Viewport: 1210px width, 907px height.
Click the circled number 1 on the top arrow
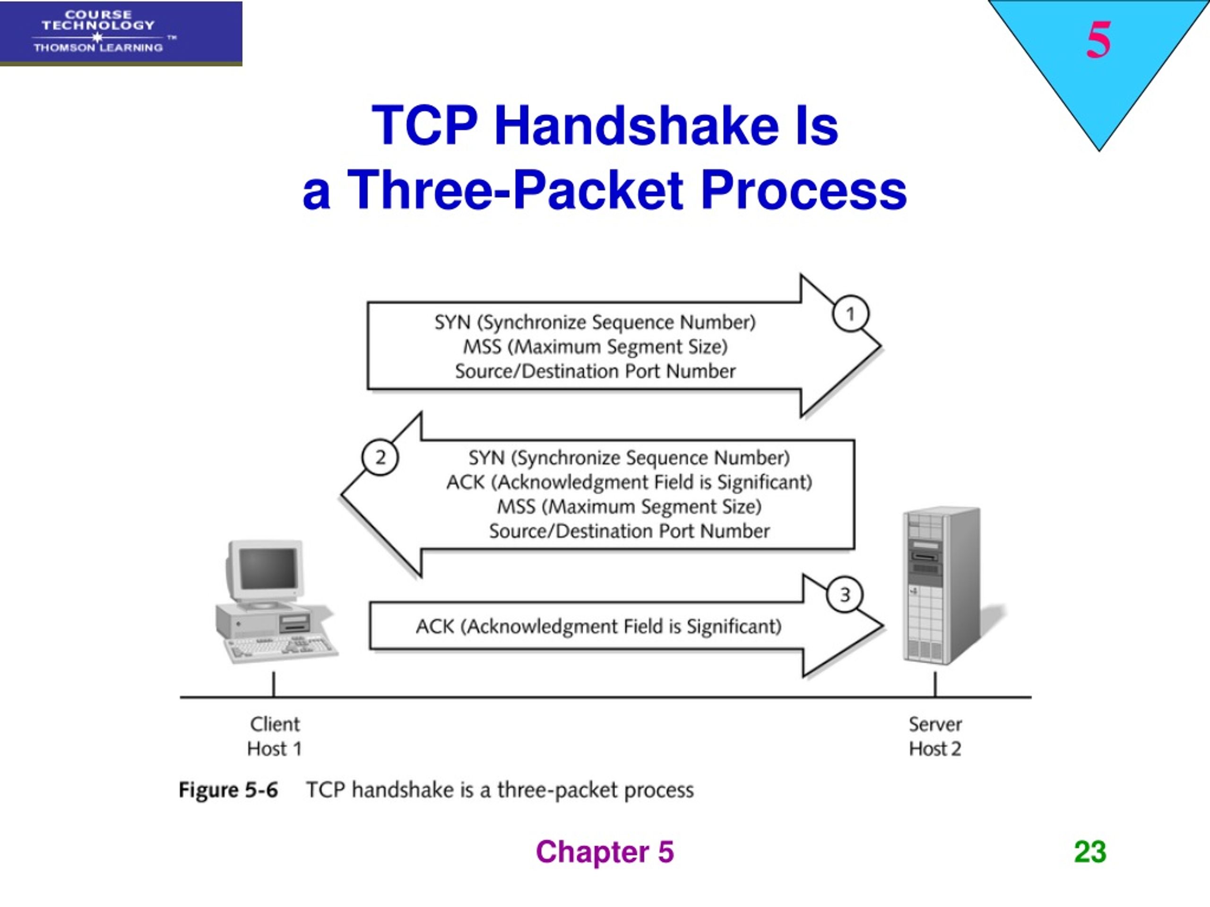(850, 314)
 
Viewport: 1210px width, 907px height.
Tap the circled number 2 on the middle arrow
(380, 457)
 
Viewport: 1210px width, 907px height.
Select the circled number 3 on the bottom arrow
(845, 594)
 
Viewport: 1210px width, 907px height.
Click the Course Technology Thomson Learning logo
(121, 33)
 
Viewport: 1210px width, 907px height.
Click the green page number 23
(1089, 852)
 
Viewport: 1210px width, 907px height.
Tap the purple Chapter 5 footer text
(605, 852)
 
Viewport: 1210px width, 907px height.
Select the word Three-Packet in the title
(515, 190)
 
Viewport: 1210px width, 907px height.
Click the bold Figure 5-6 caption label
(228, 790)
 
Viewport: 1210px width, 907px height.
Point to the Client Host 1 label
(274, 736)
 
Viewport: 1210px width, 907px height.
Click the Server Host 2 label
(935, 736)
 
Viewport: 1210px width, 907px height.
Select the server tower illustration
(941, 585)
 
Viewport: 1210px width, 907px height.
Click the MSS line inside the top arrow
(595, 347)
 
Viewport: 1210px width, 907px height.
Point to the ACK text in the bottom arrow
(598, 626)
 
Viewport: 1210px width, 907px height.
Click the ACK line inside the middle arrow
(629, 482)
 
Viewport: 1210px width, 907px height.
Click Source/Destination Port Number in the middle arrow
(629, 531)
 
